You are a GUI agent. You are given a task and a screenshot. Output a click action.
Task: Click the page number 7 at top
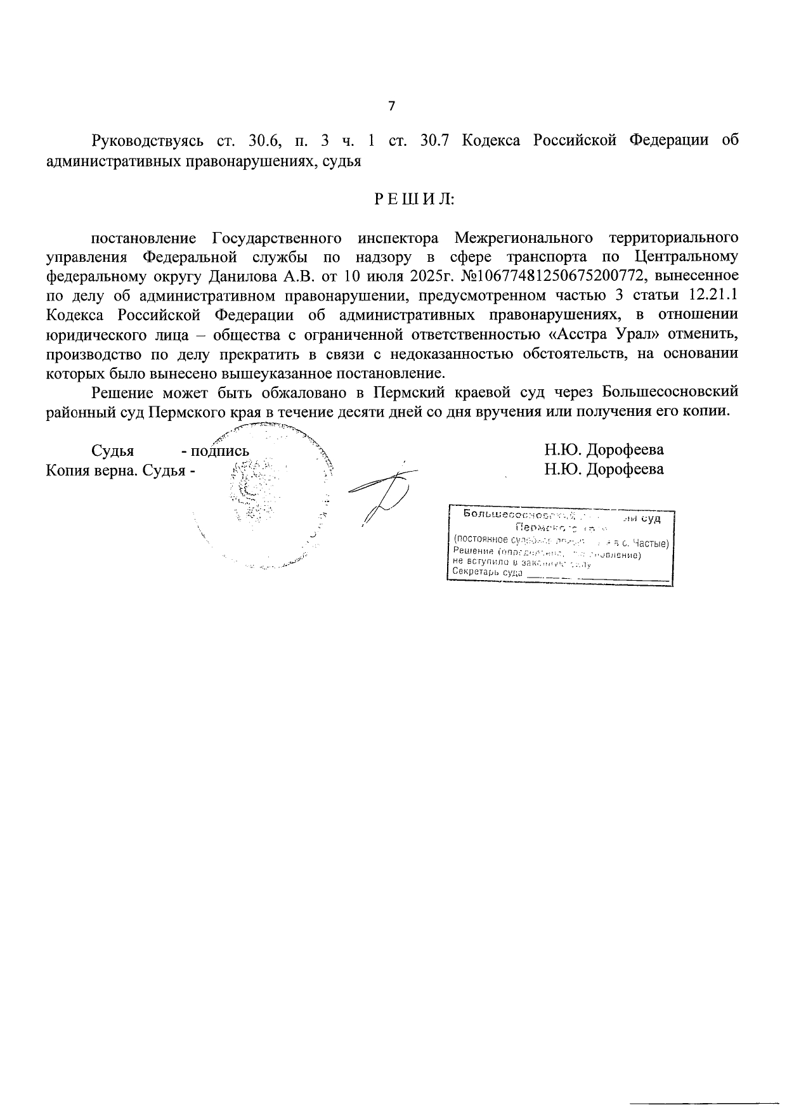pyautogui.click(x=391, y=106)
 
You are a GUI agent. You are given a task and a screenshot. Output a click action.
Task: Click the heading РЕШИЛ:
pyautogui.click(x=413, y=199)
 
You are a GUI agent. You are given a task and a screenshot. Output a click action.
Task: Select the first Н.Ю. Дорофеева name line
pyautogui.click(x=604, y=450)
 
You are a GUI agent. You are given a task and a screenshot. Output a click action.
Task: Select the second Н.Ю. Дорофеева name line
pyautogui.click(x=604, y=469)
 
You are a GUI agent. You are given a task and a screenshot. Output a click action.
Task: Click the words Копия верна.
pyautogui.click(x=92, y=470)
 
